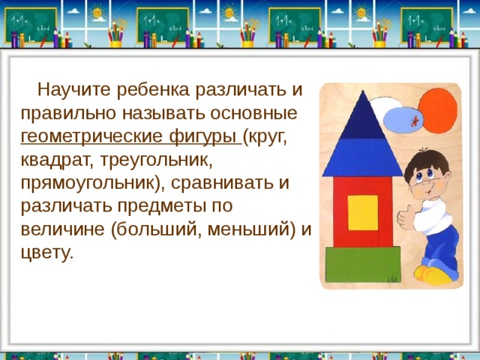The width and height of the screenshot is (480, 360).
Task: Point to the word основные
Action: tap(251, 115)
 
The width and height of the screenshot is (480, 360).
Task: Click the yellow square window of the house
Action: tap(362, 212)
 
